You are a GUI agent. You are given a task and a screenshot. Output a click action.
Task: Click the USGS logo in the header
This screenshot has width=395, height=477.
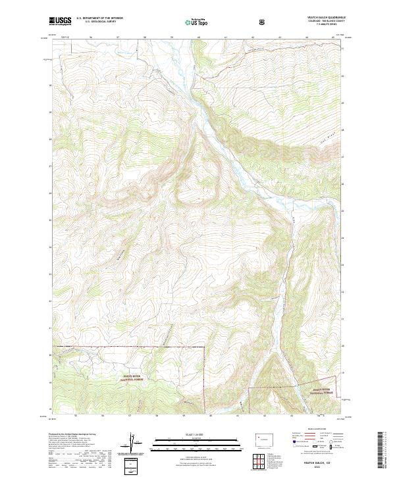tap(61, 21)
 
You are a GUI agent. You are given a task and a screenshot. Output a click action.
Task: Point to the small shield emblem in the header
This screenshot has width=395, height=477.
tap(263, 21)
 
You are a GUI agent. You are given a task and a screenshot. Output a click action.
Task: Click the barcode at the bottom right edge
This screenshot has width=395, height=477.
tap(382, 451)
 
